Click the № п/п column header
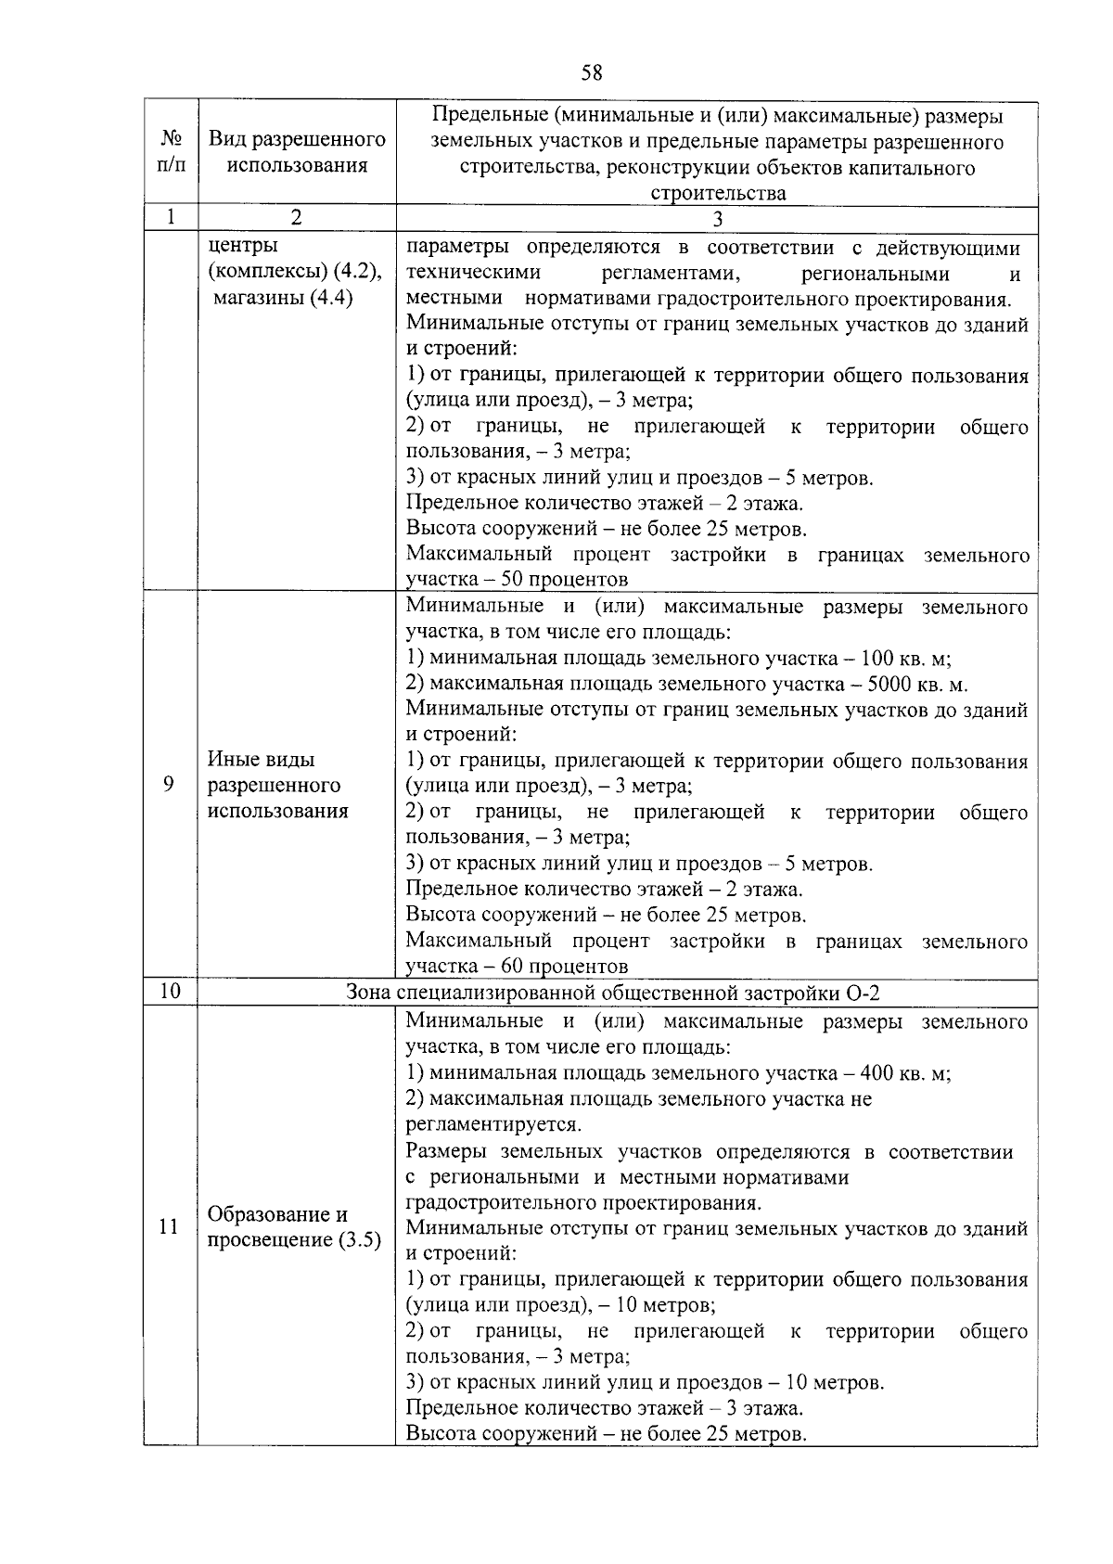(x=171, y=153)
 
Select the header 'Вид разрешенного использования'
(x=297, y=153)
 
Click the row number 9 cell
(x=170, y=785)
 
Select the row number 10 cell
(x=170, y=992)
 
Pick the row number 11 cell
(x=170, y=1227)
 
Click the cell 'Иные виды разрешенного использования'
(x=278, y=785)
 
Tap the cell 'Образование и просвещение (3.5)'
(x=295, y=1227)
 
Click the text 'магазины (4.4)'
(x=283, y=299)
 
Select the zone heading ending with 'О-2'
(x=613, y=992)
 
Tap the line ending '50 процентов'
(x=517, y=580)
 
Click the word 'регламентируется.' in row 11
(x=493, y=1125)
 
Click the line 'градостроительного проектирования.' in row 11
(x=583, y=1203)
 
